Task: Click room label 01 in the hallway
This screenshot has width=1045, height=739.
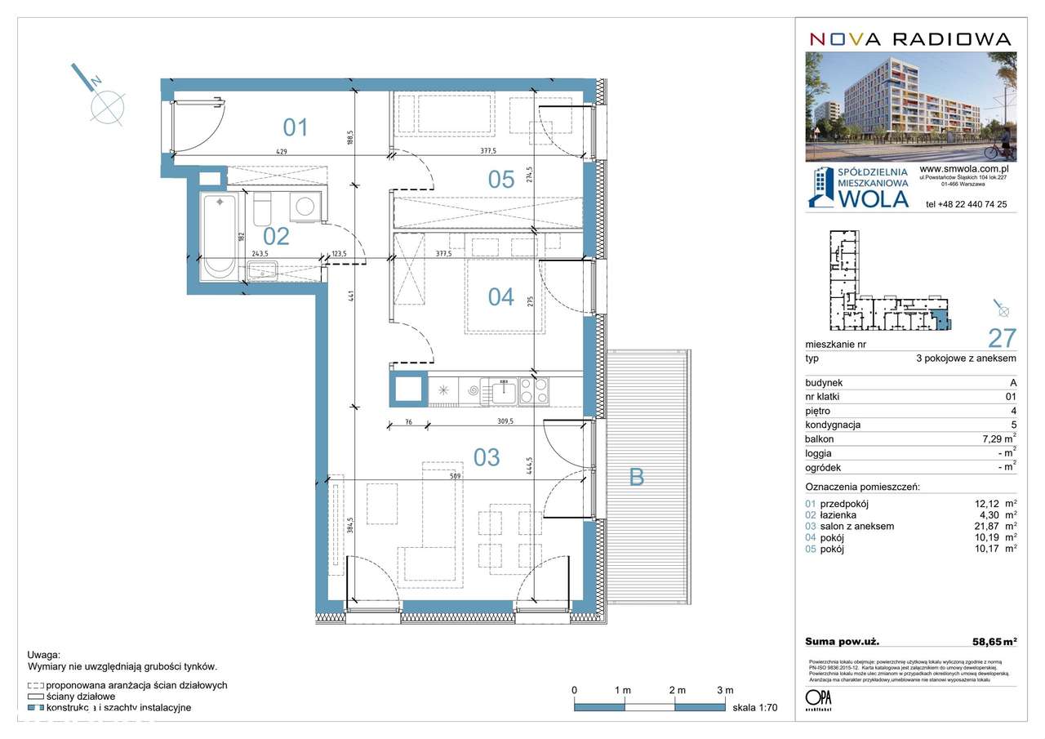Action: point(295,127)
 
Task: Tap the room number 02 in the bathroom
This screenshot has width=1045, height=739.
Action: point(277,236)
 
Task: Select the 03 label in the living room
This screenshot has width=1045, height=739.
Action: point(487,457)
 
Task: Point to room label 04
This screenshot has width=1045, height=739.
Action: point(501,296)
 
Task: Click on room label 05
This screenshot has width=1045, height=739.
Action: point(501,180)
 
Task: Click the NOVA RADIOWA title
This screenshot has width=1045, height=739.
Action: point(910,38)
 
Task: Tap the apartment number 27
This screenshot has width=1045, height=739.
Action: point(1002,338)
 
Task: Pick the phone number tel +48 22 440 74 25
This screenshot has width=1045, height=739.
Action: point(966,204)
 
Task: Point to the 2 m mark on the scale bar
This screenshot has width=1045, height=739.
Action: point(675,691)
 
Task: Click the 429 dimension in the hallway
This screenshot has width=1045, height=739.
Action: point(282,152)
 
